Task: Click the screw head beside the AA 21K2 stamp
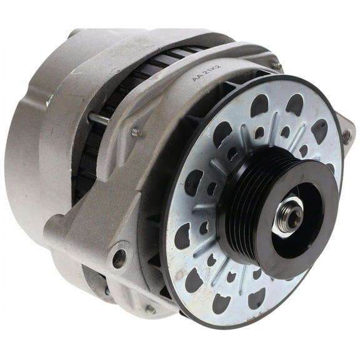click(x=276, y=65)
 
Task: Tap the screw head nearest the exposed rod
click(x=136, y=132)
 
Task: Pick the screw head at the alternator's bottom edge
click(x=150, y=309)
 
